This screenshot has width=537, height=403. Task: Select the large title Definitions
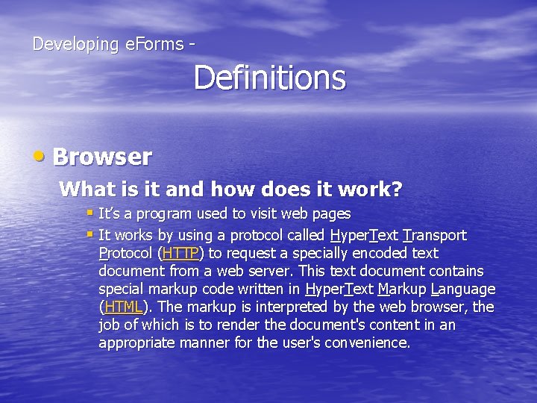click(270, 78)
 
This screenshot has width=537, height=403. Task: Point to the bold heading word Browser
click(102, 157)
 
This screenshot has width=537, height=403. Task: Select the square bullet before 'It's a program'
click(89, 213)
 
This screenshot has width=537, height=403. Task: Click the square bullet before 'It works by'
click(89, 234)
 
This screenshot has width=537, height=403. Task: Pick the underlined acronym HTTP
click(179, 254)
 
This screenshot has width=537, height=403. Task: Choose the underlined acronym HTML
click(123, 307)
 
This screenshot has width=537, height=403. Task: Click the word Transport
click(434, 236)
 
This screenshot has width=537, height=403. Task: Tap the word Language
click(463, 290)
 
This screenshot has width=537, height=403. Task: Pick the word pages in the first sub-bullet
click(332, 214)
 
